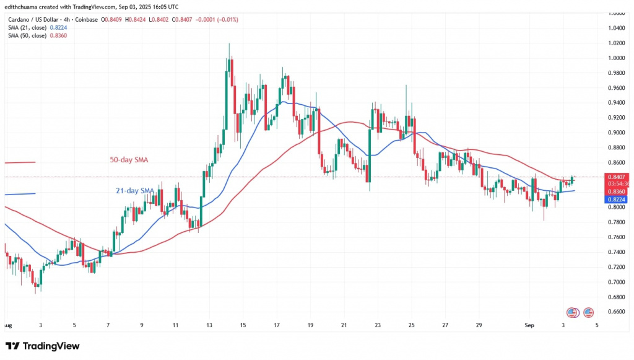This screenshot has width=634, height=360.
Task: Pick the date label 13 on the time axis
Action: pos(210,324)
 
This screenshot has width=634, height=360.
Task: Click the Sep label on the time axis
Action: pos(530,324)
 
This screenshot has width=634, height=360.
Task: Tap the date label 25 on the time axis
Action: pos(412,324)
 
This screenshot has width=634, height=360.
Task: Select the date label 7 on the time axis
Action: pos(108,324)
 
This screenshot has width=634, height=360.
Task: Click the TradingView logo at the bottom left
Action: pos(43,345)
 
